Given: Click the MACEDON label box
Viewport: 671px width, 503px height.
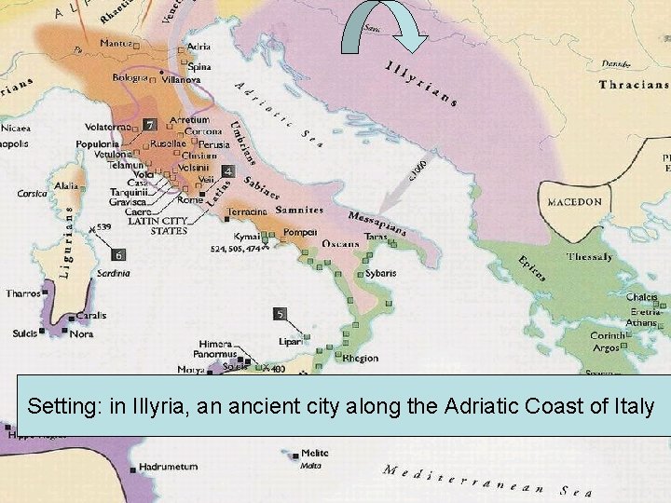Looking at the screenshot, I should point(574,202).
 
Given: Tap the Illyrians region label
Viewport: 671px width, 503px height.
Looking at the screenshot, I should point(421,82).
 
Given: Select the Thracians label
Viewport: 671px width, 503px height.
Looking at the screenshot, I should point(634,85).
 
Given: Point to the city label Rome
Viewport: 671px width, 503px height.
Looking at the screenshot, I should point(190,199).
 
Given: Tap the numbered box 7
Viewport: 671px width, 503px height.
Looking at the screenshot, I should point(148,125).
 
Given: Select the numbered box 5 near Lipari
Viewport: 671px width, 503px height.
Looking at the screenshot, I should point(281,314).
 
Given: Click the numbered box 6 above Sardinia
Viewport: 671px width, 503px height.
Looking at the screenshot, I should point(118,254).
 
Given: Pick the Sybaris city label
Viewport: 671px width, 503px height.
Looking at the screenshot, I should point(379,273).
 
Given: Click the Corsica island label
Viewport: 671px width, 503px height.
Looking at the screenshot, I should point(32,194).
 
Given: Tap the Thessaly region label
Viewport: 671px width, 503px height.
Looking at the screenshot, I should point(590,256).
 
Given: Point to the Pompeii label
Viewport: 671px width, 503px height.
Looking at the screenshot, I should point(301,231).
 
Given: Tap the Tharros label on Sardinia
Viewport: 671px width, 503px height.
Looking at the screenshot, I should point(22,293).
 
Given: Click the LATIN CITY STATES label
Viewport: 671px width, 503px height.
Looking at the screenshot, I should point(157,224).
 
